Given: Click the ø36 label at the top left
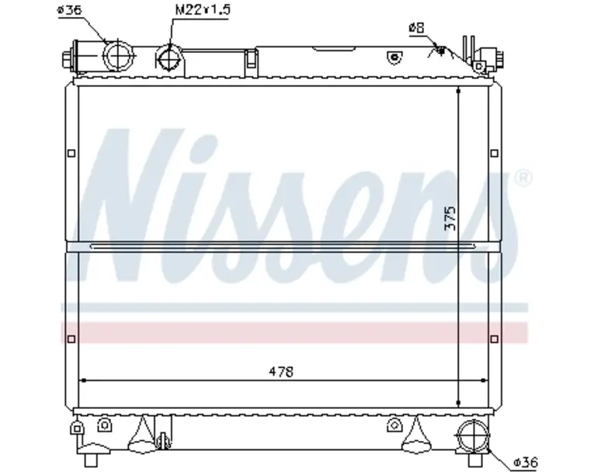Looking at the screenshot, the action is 69,9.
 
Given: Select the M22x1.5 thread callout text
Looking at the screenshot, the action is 203,9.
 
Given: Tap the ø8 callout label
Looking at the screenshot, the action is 417,28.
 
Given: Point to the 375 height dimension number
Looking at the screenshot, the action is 450,219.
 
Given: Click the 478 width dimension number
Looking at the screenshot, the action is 281,372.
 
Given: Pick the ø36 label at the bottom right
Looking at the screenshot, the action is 526,463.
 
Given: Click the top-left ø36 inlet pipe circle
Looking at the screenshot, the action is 120,56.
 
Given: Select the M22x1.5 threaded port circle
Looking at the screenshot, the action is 170,59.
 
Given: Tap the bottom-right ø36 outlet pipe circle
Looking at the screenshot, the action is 473,436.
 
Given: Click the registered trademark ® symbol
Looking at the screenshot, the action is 523,178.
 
